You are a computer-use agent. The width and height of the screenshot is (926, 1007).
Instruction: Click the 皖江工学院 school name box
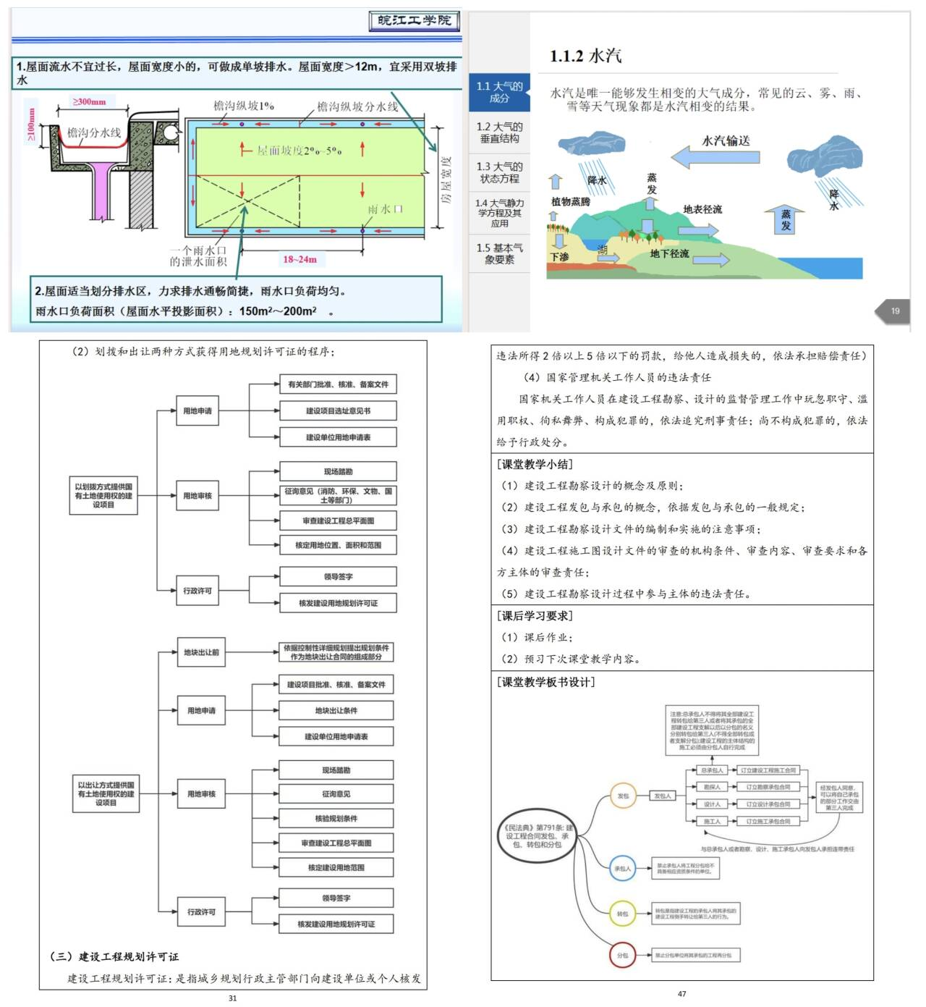414,20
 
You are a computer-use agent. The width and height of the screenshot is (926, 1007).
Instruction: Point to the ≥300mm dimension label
90,102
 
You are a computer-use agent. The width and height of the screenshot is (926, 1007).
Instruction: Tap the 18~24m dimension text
300,259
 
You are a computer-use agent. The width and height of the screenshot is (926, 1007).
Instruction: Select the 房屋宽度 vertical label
446,180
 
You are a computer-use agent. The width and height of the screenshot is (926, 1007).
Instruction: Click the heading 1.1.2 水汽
585,56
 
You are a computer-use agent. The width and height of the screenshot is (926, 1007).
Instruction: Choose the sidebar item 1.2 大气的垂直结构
499,132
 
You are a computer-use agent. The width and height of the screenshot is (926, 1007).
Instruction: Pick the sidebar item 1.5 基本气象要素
499,253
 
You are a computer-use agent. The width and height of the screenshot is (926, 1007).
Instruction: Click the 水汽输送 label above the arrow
726,140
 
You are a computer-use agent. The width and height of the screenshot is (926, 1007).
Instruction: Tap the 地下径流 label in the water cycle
669,253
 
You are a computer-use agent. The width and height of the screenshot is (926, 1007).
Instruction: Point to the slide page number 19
895,311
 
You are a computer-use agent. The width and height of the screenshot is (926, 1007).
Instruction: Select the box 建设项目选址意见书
338,411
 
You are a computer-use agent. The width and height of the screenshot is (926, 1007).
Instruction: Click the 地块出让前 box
201,652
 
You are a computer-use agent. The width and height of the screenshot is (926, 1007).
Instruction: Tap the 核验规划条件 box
336,819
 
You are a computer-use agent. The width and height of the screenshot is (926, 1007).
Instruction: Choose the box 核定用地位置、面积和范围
338,545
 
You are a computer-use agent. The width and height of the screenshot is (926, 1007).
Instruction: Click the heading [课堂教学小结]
535,464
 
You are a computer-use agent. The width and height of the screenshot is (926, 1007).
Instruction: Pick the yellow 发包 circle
622,796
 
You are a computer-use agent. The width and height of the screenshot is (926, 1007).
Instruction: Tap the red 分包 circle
622,955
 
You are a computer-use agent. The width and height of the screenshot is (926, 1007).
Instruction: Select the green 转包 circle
622,914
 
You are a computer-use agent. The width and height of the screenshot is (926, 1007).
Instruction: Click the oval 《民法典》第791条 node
538,836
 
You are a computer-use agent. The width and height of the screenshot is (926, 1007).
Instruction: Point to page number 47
681,994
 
